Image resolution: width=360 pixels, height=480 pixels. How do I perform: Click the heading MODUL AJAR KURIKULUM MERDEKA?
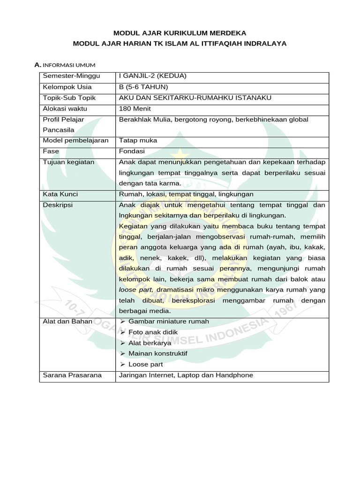pyautogui.click(x=180, y=33)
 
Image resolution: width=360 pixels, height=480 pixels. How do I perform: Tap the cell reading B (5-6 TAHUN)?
pyautogui.click(x=143, y=87)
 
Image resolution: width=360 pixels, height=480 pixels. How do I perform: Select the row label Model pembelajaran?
pyautogui.click(x=75, y=140)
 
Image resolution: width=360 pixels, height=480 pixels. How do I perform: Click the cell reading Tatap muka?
pyautogui.click(x=138, y=140)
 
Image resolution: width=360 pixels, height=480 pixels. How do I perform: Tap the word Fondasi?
pyautogui.click(x=132, y=151)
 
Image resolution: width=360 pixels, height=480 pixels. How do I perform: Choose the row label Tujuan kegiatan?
pyautogui.click(x=68, y=162)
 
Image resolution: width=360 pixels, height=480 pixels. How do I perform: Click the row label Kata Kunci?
pyautogui.click(x=60, y=194)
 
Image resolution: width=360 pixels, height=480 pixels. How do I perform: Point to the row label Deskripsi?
pyautogui.click(x=58, y=205)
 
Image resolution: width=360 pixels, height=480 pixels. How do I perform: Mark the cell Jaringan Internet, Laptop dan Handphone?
pyautogui.click(x=186, y=375)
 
